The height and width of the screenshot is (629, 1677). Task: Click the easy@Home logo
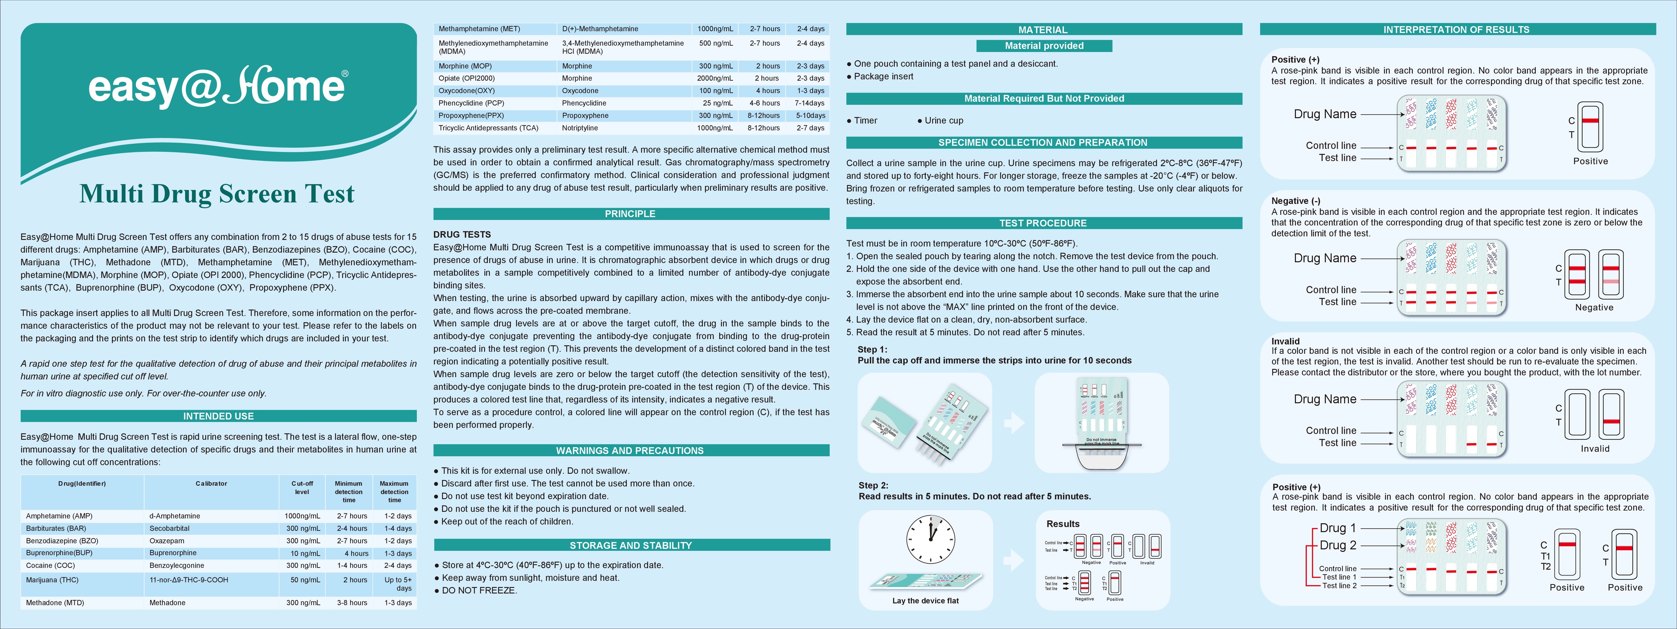point(218,86)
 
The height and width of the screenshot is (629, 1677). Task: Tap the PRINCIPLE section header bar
point(630,214)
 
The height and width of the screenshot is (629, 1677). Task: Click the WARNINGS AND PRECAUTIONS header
point(630,451)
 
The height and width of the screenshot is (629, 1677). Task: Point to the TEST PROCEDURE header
point(1043,223)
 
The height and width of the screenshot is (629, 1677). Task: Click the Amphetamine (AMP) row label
point(59,516)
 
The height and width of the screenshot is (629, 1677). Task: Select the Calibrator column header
point(211,484)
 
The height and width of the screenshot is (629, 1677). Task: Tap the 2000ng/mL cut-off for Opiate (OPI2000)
point(715,78)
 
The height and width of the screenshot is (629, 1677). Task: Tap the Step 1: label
point(872,350)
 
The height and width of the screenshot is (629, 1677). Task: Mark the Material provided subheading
point(1044,46)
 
